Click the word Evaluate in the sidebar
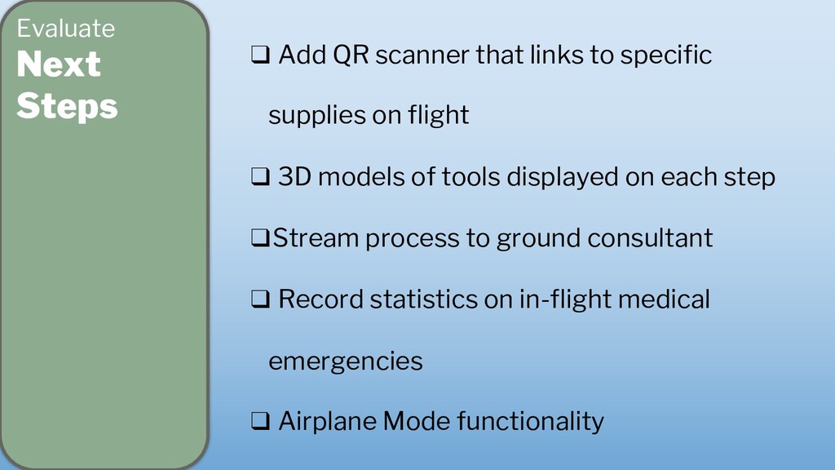(65, 29)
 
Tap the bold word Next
(59, 64)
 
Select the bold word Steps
(67, 106)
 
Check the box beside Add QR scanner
(260, 56)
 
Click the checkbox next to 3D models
(260, 178)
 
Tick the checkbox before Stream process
(260, 239)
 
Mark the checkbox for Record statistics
(260, 300)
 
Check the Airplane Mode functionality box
(260, 422)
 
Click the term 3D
(295, 177)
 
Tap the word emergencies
(345, 361)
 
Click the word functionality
(530, 421)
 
